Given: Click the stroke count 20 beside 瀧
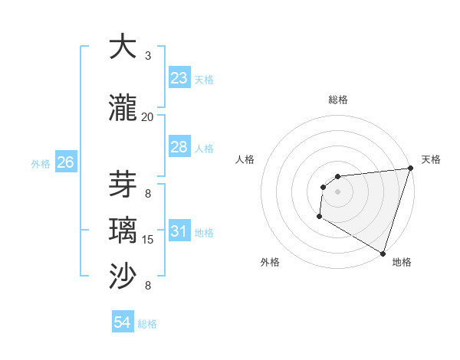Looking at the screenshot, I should [147, 117].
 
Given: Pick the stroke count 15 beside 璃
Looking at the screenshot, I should [148, 240].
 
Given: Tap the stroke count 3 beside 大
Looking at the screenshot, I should [148, 56].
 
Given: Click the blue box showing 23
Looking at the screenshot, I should [179, 78].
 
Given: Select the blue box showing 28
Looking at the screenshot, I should [179, 147].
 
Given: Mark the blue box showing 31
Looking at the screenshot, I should [179, 231].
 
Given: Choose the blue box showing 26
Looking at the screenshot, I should [65, 162].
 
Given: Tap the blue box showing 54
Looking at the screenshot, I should [123, 322].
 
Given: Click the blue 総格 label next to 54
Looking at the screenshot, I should [147, 324].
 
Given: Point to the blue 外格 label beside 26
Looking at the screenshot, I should [41, 163].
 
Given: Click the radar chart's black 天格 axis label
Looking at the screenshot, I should [431, 159].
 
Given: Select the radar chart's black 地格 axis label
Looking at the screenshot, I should [402, 262].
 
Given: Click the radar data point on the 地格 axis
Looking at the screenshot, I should [382, 253].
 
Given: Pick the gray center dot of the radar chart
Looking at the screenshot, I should [337, 191].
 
